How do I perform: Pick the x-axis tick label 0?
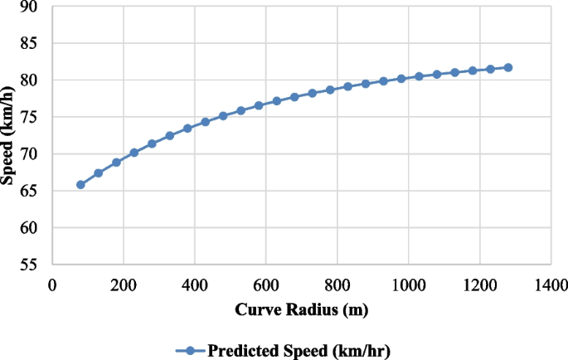coord(52,285)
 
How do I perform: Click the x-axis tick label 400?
coord(195,285)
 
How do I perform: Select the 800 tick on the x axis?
coord(337,285)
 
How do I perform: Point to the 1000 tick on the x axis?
coord(407,285)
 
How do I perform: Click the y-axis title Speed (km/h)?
coord(8,136)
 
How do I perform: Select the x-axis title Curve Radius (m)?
coord(301,310)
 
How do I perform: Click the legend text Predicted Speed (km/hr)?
coord(299,350)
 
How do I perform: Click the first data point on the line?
coord(80,184)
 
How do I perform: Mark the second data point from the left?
coord(99,173)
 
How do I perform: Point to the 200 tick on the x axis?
coord(124,285)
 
